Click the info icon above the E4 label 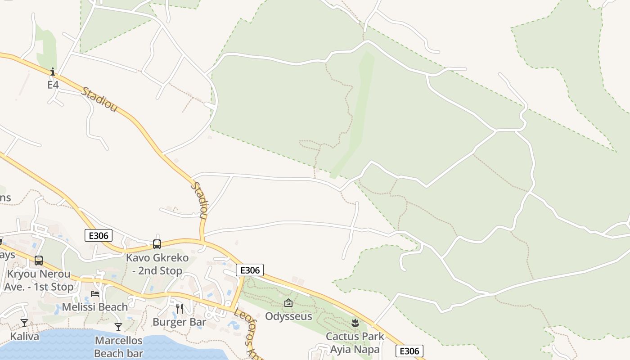pos(53,72)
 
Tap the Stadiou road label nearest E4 pos(99,99)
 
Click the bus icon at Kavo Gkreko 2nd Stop pos(157,244)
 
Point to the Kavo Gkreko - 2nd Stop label pos(154,264)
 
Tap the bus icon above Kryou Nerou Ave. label pos(39,261)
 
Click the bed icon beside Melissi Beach pos(95,294)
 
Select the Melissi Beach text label pos(94,307)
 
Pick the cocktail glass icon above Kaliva pos(24,323)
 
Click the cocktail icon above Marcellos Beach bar pos(118,327)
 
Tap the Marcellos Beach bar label pos(119,347)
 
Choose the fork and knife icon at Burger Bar pos(180,308)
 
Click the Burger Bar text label pos(179,322)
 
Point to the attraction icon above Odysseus pos(288,303)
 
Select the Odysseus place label pos(288,316)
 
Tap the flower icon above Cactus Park pos(355,323)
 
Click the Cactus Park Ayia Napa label pos(355,342)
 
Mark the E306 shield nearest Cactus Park pos(409,351)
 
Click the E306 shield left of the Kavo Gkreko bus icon pos(98,235)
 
